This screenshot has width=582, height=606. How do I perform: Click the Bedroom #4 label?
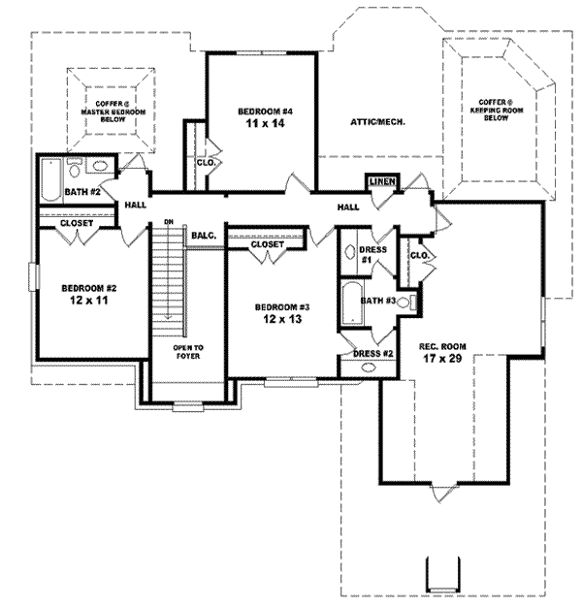265,118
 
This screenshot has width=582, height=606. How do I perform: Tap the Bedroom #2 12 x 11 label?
89,294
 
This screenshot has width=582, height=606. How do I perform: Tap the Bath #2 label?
83,192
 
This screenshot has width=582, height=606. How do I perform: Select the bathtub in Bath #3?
351,304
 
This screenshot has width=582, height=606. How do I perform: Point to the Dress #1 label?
373,255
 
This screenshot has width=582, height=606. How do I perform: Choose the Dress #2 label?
373,354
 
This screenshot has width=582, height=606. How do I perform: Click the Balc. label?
203,235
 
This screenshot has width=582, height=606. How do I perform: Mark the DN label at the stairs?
168,222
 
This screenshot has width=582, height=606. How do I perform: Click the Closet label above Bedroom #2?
76,223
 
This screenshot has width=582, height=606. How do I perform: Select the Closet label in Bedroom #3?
267,244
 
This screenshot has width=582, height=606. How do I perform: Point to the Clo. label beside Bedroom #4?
205,163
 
